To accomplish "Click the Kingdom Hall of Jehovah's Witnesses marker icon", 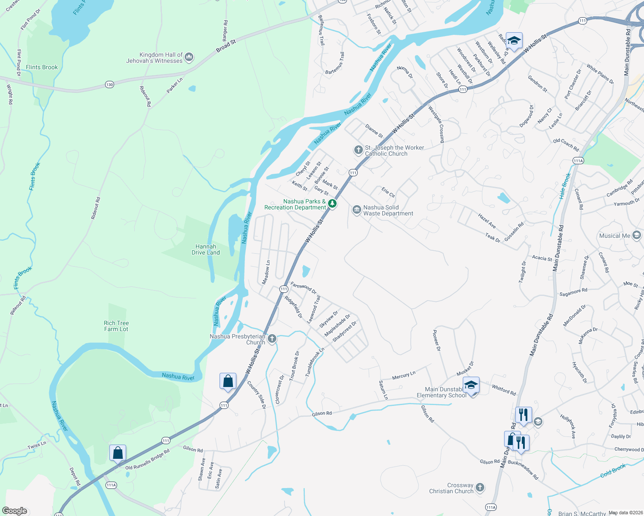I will tap(189, 57).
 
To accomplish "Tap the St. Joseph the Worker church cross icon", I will tap(358, 150).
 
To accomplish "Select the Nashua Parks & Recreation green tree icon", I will tap(332, 204).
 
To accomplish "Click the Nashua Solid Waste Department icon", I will tap(356, 210).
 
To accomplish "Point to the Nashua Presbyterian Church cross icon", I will tap(272, 339).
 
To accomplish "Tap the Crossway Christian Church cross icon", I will tap(480, 488).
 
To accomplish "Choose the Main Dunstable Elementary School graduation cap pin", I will tap(471, 385).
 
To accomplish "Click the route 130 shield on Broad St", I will tap(109, 84).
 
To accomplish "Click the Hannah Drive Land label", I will tap(206, 249).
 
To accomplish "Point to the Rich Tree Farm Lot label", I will tap(116, 326).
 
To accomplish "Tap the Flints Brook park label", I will tap(42, 67).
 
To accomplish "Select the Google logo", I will tap(14, 511).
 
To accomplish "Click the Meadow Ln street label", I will tap(266, 272).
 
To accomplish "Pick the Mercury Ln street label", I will tap(403, 375).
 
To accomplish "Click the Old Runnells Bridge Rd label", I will tap(147, 459).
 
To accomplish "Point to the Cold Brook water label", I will tap(613, 470).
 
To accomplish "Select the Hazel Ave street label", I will tap(487, 221).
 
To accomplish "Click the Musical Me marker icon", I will tap(637, 235).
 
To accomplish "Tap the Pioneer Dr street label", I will tap(437, 341).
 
